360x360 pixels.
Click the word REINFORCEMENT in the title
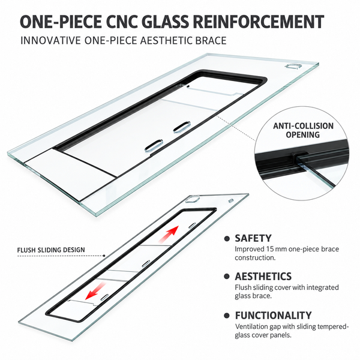pyautogui.click(x=258, y=22)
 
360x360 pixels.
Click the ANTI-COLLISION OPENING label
pyautogui.click(x=303, y=130)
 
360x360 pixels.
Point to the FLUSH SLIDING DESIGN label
pyautogui.click(x=51, y=250)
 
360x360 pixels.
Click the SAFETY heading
pyautogui.click(x=253, y=238)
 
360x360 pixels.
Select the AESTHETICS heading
pyautogui.click(x=263, y=277)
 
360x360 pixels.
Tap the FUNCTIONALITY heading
pyautogui.click(x=273, y=316)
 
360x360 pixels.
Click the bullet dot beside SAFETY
pyautogui.click(x=227, y=239)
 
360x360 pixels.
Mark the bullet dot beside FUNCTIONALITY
pyautogui.click(x=227, y=316)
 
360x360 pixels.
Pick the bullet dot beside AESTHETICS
pyautogui.click(x=227, y=277)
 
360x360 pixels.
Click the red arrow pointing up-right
pyautogui.click(x=169, y=234)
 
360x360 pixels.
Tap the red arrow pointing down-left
pyautogui.click(x=95, y=291)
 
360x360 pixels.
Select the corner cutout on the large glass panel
pyautogui.click(x=293, y=67)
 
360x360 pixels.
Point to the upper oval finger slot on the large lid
pyautogui.click(x=182, y=127)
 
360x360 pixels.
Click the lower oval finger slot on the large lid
pyautogui.click(x=154, y=145)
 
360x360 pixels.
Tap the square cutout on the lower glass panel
pyautogui.click(x=193, y=199)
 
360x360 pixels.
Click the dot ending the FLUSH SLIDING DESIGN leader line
pyautogui.click(x=104, y=256)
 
